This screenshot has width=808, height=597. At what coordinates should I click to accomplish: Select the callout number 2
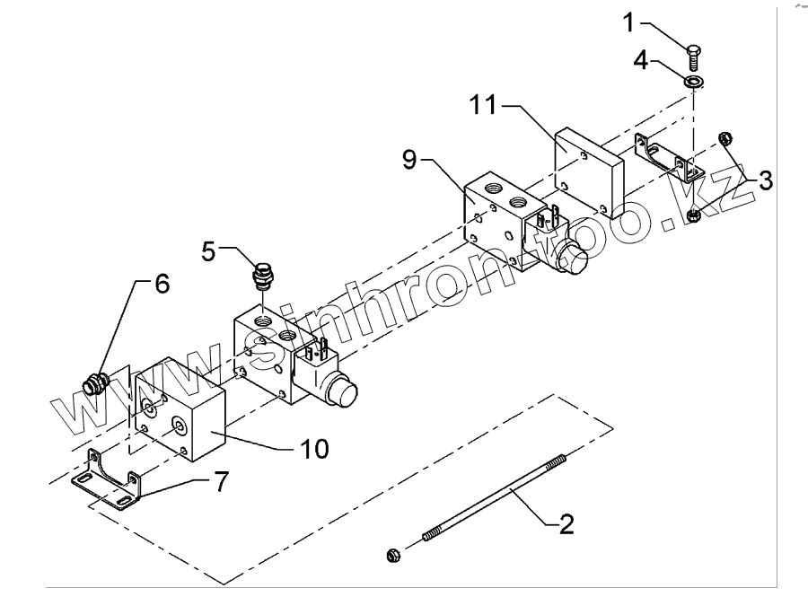tap(565, 523)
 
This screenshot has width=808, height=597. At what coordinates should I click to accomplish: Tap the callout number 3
tap(764, 180)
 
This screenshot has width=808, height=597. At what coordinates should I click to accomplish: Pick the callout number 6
tap(161, 285)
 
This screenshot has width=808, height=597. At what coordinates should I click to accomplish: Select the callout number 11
tap(486, 105)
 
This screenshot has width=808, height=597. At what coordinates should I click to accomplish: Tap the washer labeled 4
tap(694, 83)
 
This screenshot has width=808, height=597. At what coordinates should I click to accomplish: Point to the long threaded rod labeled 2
tap(494, 497)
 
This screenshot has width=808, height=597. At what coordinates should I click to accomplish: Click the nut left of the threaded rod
tap(392, 556)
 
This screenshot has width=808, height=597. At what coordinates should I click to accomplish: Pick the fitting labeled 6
tap(92, 386)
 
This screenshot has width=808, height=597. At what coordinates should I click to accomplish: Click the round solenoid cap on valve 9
tap(572, 261)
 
